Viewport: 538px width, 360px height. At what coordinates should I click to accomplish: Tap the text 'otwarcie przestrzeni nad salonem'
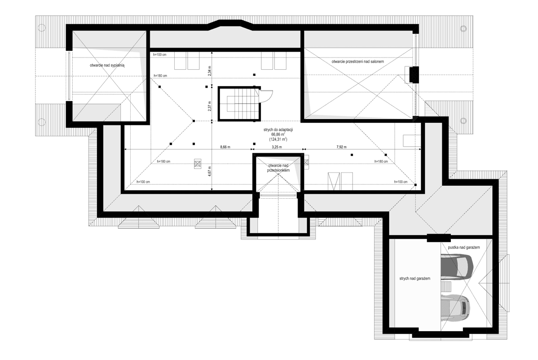tap(357, 61)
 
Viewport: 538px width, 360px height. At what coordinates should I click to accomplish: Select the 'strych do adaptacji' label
tap(276, 129)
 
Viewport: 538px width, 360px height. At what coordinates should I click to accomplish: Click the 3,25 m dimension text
tap(277, 147)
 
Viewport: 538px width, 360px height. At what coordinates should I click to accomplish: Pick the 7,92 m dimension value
tap(343, 147)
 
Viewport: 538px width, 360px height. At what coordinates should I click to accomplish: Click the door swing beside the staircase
tap(266, 96)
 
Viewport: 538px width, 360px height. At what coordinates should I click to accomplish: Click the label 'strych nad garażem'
tap(415, 279)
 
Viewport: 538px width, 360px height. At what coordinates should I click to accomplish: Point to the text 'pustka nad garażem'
tap(464, 248)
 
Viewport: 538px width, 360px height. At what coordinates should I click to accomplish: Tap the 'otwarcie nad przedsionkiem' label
tap(278, 168)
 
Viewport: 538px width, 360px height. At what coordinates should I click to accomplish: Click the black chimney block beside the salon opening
tap(412, 74)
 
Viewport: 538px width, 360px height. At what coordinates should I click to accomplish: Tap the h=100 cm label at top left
tap(159, 54)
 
